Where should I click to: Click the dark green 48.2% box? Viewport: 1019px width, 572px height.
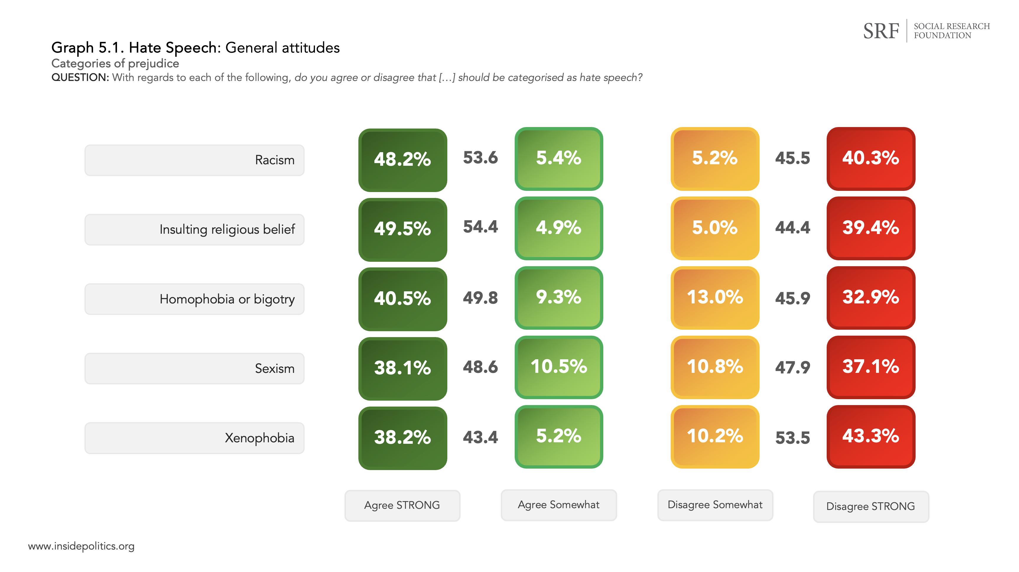(402, 160)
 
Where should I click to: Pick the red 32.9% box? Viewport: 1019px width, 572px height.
(871, 298)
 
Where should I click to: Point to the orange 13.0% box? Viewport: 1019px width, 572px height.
(715, 298)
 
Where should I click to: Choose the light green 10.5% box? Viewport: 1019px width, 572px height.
(559, 367)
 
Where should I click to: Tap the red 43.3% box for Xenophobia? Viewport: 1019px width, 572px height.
(871, 436)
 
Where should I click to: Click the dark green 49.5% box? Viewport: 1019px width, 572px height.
(402, 230)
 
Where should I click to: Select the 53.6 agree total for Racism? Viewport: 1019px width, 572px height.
(480, 158)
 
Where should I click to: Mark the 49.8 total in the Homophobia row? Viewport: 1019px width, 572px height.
(480, 298)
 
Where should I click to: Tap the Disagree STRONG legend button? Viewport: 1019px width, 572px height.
(871, 506)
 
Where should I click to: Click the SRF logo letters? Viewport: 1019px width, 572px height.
(881, 31)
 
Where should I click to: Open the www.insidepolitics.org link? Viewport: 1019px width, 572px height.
(81, 546)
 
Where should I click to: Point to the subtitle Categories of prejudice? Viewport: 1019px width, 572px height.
(115, 63)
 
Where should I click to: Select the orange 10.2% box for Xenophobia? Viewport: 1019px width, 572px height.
(715, 436)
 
